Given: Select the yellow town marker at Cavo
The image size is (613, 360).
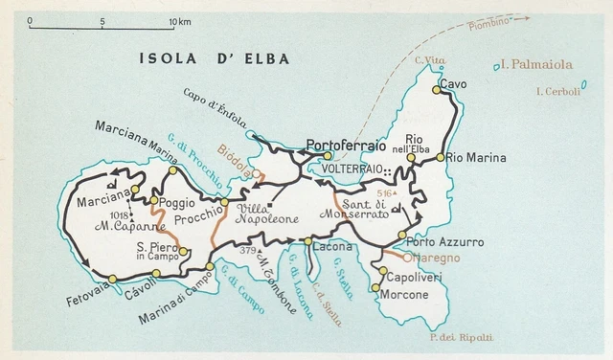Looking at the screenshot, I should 437,90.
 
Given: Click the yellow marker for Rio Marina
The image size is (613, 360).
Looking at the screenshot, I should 440,157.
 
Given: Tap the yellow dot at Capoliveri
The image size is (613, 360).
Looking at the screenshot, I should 383,272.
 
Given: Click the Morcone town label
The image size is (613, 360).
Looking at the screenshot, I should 403,294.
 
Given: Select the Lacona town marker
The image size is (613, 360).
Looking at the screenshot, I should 306,242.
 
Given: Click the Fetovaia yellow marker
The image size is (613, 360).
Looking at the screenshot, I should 113,279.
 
